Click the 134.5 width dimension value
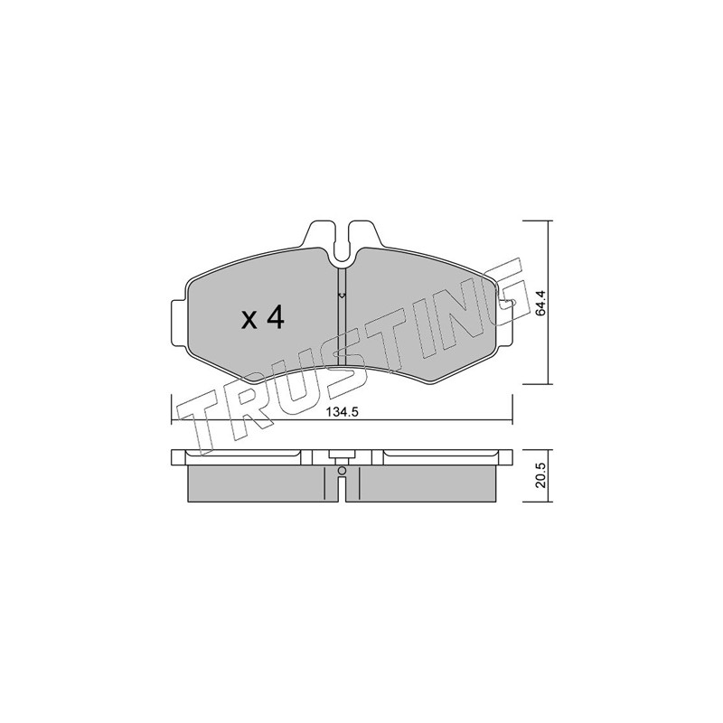click(343, 413)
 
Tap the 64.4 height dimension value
click(541, 303)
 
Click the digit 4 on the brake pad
click(276, 317)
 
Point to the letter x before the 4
click(249, 320)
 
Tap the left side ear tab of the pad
click(178, 323)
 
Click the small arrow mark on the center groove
click(342, 296)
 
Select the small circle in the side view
click(342, 470)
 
